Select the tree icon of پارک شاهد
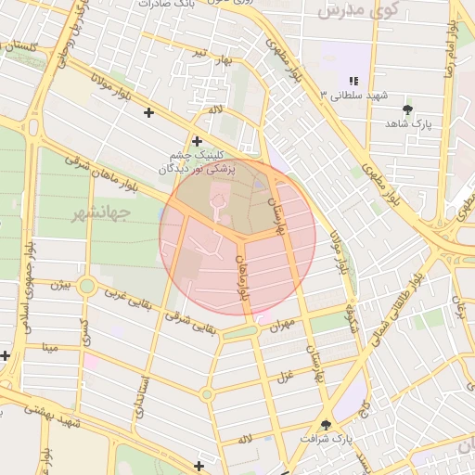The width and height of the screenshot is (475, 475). pyautogui.click(x=407, y=110)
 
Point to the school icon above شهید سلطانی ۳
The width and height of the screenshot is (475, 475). pyautogui.click(x=353, y=82)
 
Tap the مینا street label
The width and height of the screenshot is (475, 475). pyautogui.click(x=48, y=349)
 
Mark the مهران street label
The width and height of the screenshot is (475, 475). pyautogui.click(x=282, y=324)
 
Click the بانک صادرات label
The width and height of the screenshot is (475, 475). pyautogui.click(x=168, y=4)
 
